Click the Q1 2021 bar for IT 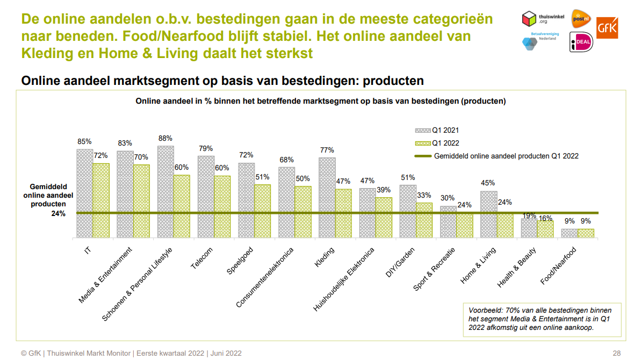84,193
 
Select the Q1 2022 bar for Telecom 222,206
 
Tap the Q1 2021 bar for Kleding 327,197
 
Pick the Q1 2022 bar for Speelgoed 262,211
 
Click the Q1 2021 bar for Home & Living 488,214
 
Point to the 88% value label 165,138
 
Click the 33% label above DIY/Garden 424,195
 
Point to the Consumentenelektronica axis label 265,277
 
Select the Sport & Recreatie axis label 434,269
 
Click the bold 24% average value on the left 59,213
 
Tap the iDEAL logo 581,42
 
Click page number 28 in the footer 616,353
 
